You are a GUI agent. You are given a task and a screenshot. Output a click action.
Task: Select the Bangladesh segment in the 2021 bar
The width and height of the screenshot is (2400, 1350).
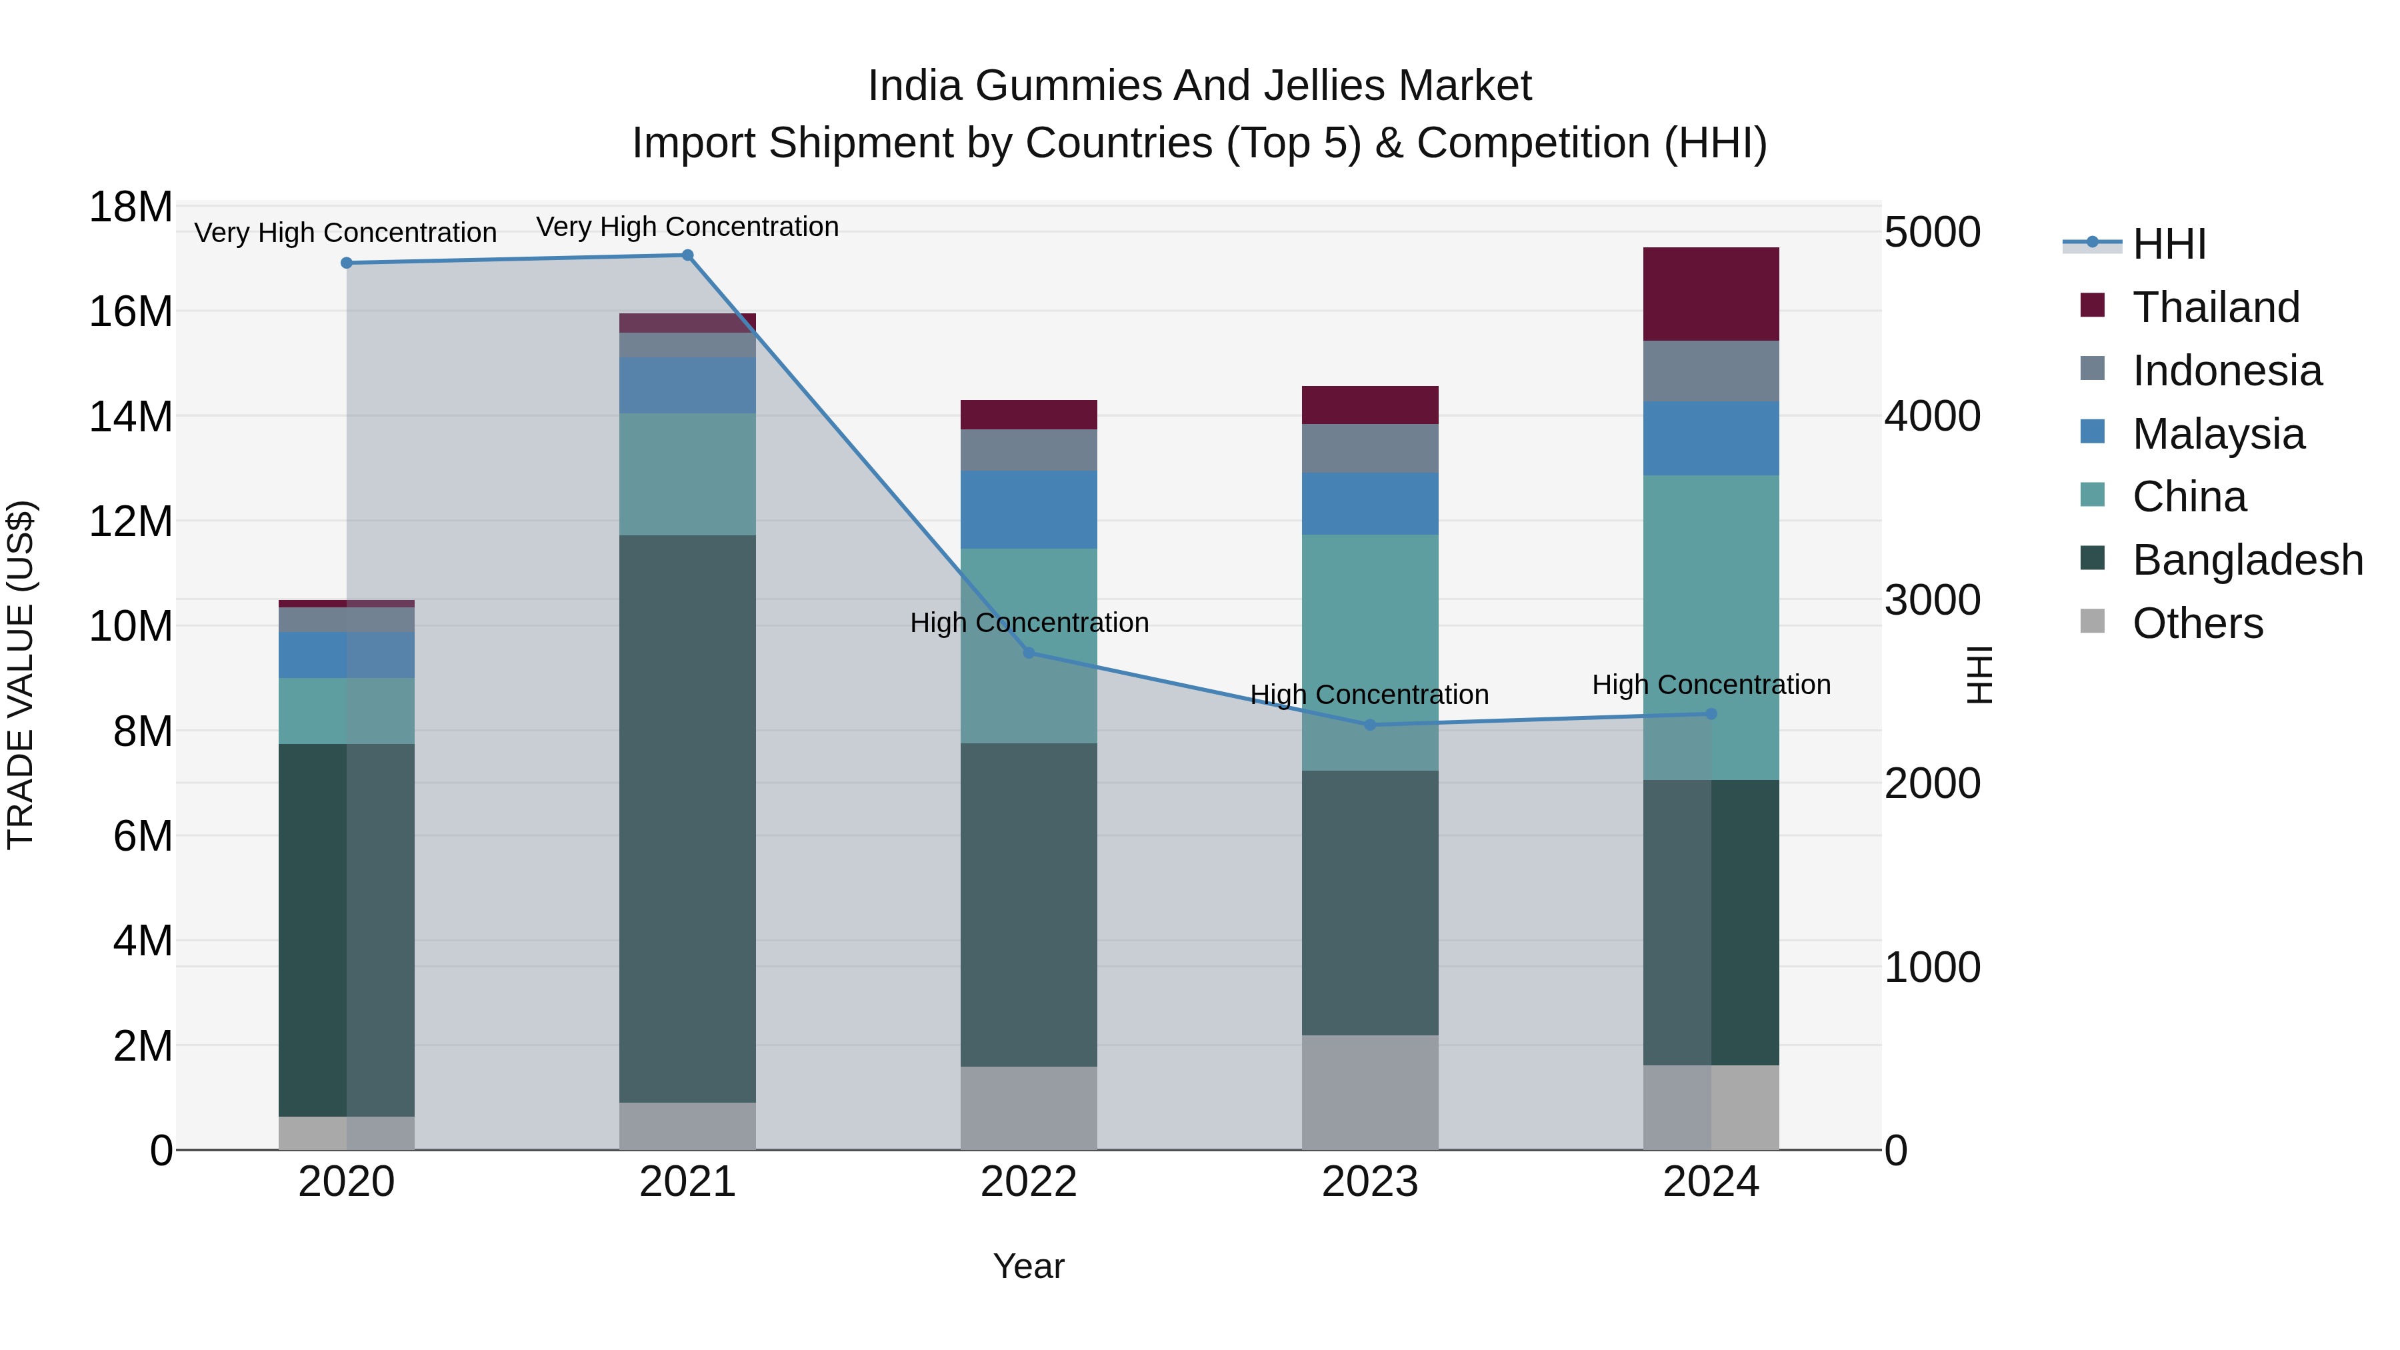[x=687, y=818]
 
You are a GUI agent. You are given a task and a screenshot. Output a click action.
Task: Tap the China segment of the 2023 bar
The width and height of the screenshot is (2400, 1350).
[x=1369, y=652]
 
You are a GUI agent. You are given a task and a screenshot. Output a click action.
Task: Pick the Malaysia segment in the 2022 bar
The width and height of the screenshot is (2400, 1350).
[x=1029, y=509]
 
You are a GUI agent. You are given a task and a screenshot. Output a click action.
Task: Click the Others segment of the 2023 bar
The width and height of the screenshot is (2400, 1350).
[x=1369, y=1092]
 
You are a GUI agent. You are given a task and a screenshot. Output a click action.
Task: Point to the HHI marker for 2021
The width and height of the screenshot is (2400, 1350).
[x=687, y=255]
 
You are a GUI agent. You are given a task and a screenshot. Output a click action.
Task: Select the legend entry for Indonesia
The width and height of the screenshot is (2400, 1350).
[x=2227, y=371]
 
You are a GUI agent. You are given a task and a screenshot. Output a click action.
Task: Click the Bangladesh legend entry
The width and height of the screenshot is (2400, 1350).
[x=2247, y=560]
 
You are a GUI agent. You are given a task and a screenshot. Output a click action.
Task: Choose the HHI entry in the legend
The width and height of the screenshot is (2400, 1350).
[x=2169, y=244]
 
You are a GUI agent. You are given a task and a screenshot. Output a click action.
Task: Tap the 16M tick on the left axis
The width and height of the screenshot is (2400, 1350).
[x=131, y=311]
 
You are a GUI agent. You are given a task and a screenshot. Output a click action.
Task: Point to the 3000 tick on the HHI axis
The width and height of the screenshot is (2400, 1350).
[x=1932, y=600]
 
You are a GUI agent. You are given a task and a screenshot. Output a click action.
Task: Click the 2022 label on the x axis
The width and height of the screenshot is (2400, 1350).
[x=1029, y=1182]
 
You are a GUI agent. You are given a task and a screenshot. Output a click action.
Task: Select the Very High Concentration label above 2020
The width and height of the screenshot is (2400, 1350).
[x=345, y=233]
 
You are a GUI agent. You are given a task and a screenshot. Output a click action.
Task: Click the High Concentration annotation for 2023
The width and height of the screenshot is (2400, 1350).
[x=1369, y=695]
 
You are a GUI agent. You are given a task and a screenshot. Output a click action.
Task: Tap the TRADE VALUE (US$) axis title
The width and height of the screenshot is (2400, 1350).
[x=21, y=675]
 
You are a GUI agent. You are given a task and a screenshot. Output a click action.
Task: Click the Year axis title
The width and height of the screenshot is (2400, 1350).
[x=1029, y=1266]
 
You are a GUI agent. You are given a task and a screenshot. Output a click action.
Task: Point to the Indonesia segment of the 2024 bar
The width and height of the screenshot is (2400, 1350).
[x=1711, y=371]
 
